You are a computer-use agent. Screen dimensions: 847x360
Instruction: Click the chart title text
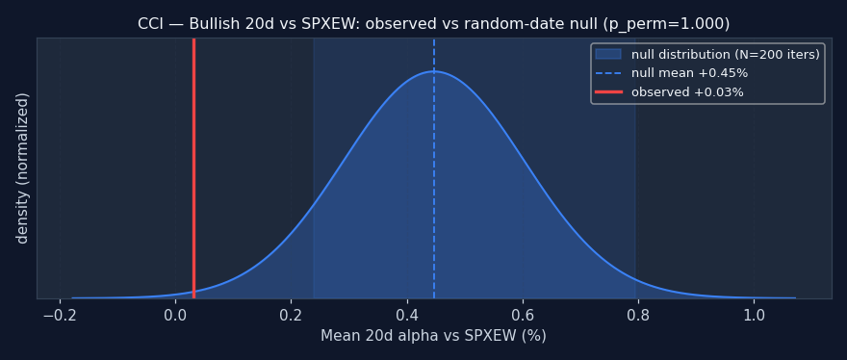434,24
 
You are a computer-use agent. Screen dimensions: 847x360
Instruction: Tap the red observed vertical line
193,168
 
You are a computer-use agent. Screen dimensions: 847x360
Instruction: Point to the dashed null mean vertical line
434,168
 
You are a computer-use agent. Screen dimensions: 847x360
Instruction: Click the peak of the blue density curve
434,71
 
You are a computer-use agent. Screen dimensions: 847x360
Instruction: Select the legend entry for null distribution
707,55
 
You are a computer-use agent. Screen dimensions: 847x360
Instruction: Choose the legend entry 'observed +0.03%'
669,92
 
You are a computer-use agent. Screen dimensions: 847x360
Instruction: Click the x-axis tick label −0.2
60,315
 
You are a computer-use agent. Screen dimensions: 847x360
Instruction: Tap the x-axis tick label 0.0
175,315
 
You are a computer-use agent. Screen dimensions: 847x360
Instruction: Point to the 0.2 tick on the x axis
291,315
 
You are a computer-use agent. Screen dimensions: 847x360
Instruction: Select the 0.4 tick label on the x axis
407,315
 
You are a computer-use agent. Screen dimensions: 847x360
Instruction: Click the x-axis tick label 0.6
523,315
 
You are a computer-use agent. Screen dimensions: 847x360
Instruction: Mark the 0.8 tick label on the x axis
638,315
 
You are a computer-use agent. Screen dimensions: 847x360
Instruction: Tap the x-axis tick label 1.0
754,315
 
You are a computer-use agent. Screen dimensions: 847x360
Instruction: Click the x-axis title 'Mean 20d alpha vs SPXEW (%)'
434,336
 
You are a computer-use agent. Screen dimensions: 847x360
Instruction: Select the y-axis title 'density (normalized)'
22,168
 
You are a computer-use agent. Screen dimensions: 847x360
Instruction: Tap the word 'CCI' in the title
149,24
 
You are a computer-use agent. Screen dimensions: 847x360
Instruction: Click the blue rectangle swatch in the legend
608,55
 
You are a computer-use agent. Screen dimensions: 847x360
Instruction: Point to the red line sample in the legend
608,91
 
